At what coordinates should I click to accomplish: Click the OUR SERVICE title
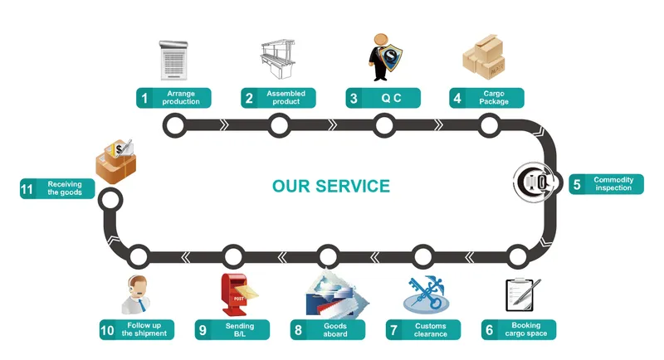pos(331,185)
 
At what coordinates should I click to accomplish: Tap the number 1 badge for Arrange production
pos(145,98)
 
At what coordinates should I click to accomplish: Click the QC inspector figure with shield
pos(383,56)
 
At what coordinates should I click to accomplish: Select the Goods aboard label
pos(334,330)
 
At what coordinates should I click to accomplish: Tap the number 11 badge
pos(27,188)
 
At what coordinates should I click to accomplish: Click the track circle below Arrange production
pos(174,125)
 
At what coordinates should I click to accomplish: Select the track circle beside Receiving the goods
pos(110,198)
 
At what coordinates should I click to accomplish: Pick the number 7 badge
pos(393,330)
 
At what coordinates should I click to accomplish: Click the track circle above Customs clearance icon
pos(423,255)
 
